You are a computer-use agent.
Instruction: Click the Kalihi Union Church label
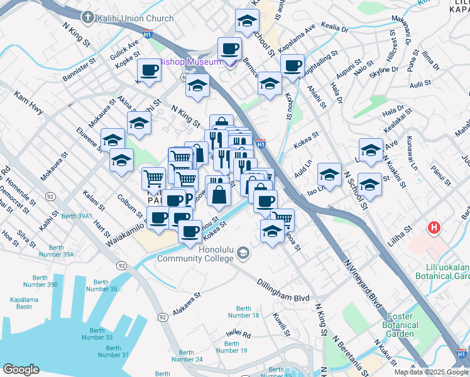135,18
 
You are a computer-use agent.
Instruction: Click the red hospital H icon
433,228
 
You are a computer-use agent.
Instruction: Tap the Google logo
20,369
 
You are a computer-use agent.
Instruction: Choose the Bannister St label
79,70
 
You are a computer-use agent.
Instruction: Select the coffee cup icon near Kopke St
150,70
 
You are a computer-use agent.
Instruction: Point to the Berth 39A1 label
77,216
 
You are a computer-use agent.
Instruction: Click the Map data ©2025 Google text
430,372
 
